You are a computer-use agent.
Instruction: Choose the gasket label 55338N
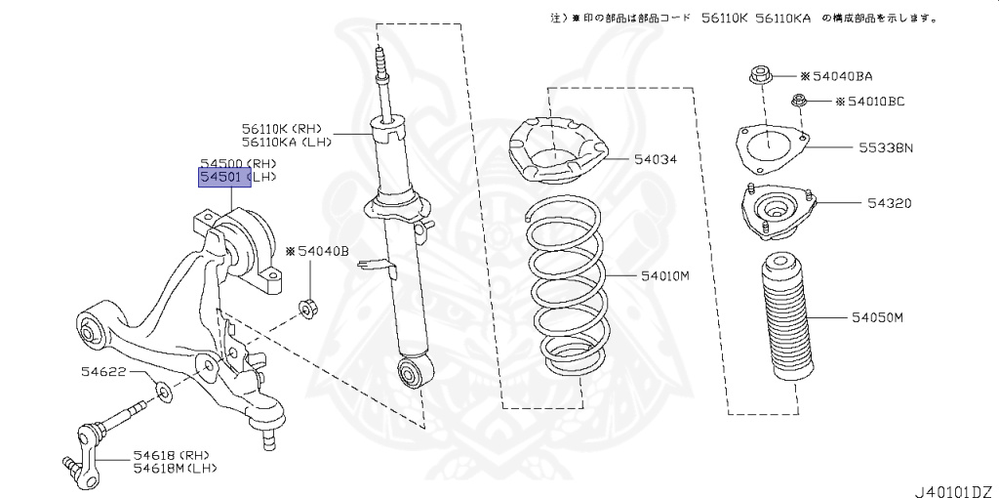[885, 148]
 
